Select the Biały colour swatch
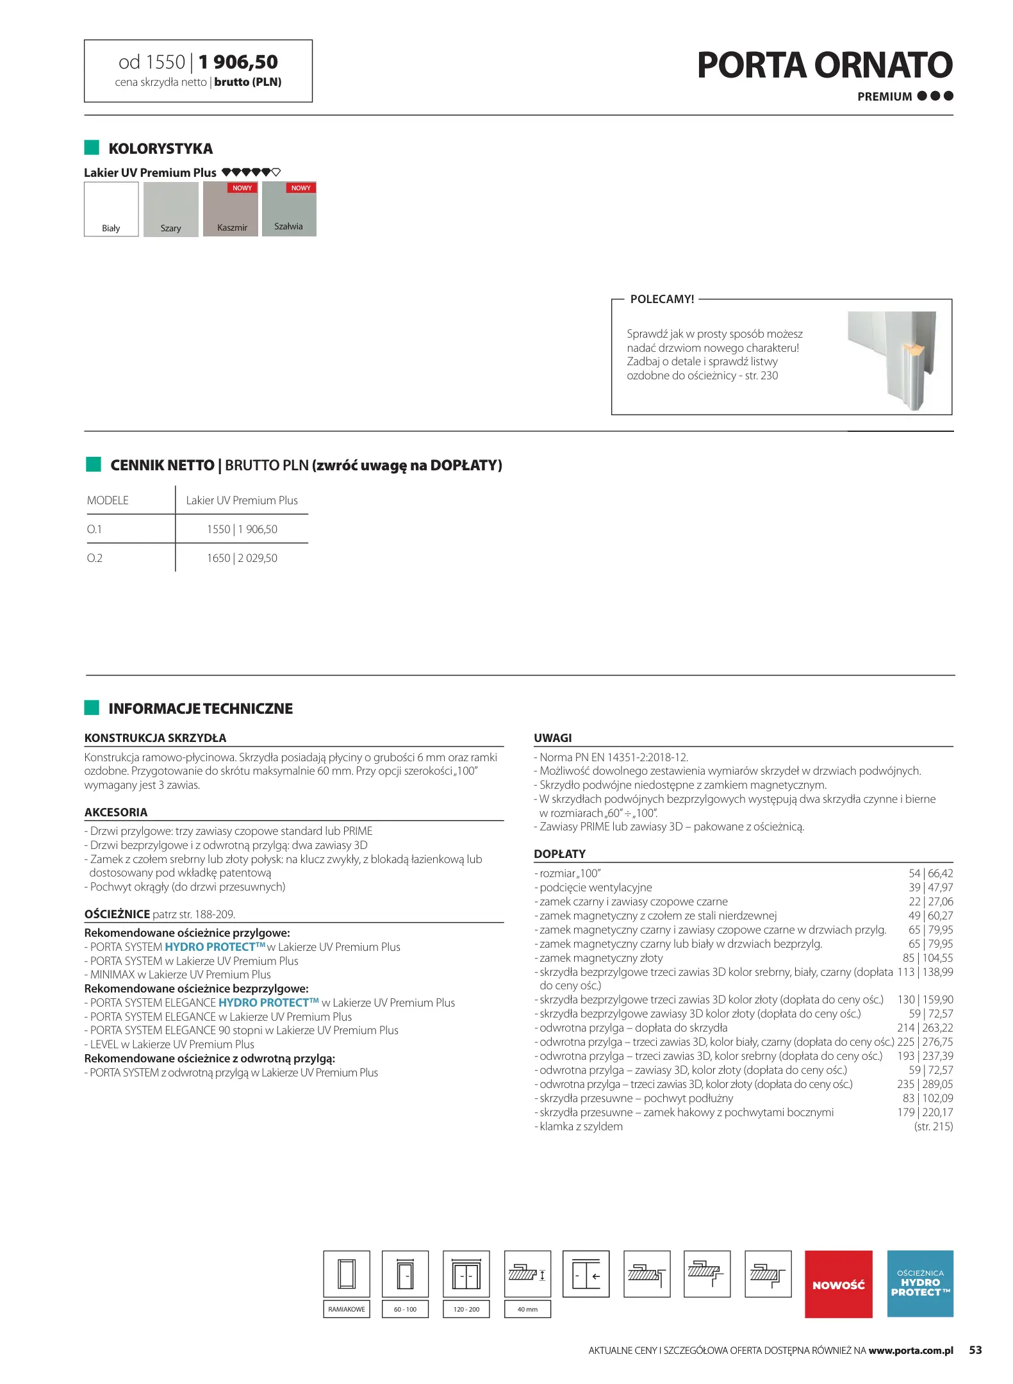pos(111,209)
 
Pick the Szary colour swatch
pos(170,210)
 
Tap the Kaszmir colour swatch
pos(231,210)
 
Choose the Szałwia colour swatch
pos(289,210)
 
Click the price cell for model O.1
pos(242,529)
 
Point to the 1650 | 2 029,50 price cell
pos(242,558)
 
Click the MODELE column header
pos(108,500)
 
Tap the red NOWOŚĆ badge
pos(838,1284)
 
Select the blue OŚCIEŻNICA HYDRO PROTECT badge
pos(919,1283)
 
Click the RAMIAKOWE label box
pos(346,1309)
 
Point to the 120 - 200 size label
pos(466,1309)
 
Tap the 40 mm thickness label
pos(527,1309)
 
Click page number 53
pos(975,1350)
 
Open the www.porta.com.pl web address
pos(910,1351)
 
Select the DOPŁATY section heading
pos(559,854)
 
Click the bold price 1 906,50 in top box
pos(238,62)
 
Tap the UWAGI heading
pos(552,738)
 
